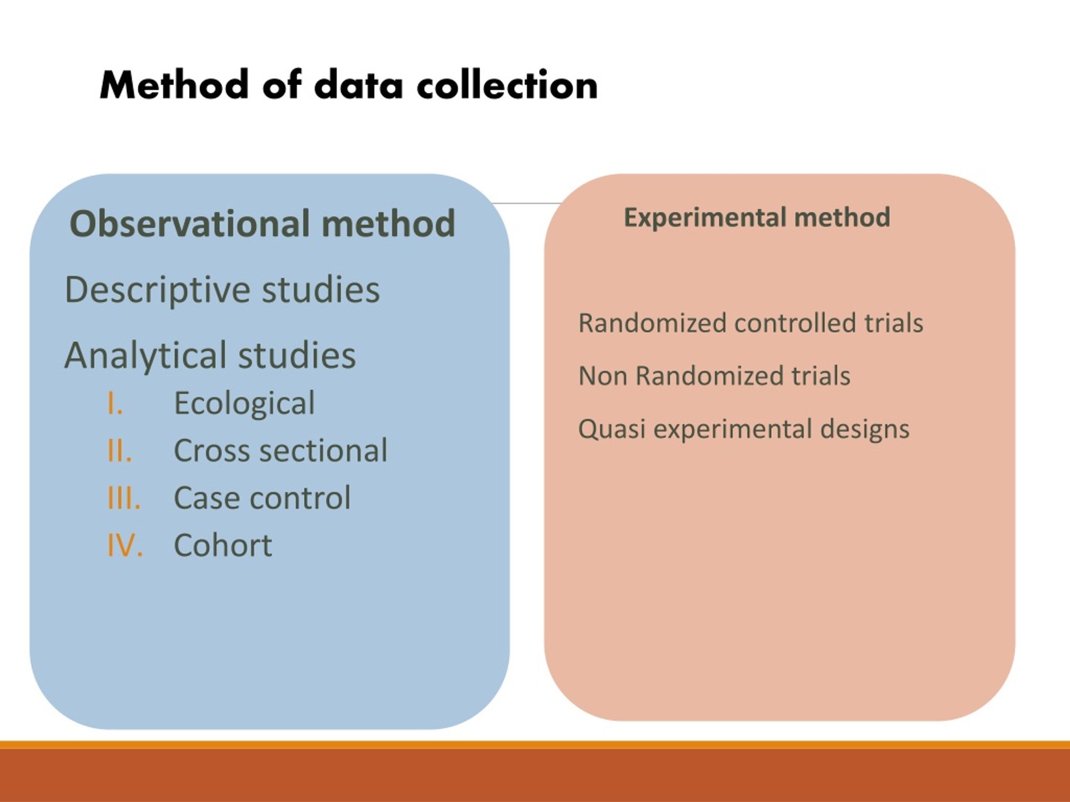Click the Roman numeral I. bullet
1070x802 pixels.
115,403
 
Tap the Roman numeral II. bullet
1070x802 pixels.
119,451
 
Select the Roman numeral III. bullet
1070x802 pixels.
124,498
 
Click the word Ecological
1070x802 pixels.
244,403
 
